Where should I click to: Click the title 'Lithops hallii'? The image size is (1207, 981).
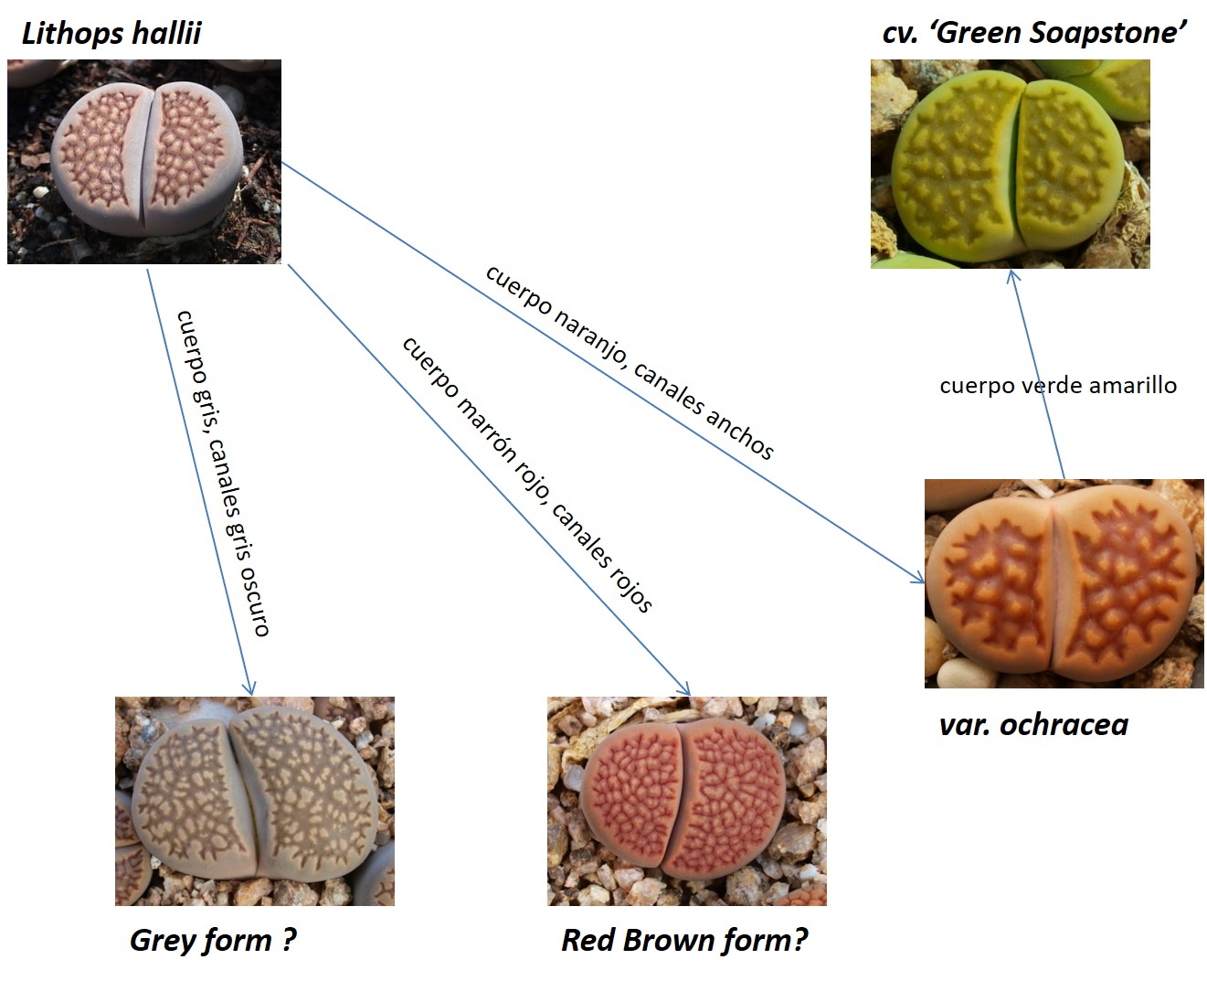111,33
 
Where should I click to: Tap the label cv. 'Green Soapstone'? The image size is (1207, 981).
1034,32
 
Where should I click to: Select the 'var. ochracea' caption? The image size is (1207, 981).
1033,725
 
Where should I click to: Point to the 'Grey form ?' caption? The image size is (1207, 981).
213,940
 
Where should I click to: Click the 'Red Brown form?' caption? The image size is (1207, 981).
684,940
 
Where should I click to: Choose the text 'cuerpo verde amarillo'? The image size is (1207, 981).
1058,386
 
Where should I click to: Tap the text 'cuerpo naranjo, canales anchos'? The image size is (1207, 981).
629,362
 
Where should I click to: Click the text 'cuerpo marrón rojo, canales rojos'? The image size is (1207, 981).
527,475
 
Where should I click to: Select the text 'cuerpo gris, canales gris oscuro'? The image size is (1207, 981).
223,473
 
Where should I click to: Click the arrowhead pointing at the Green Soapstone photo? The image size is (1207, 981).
1012,275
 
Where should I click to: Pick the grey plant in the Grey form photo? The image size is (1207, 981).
255,794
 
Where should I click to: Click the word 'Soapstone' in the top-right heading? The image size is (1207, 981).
1107,33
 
